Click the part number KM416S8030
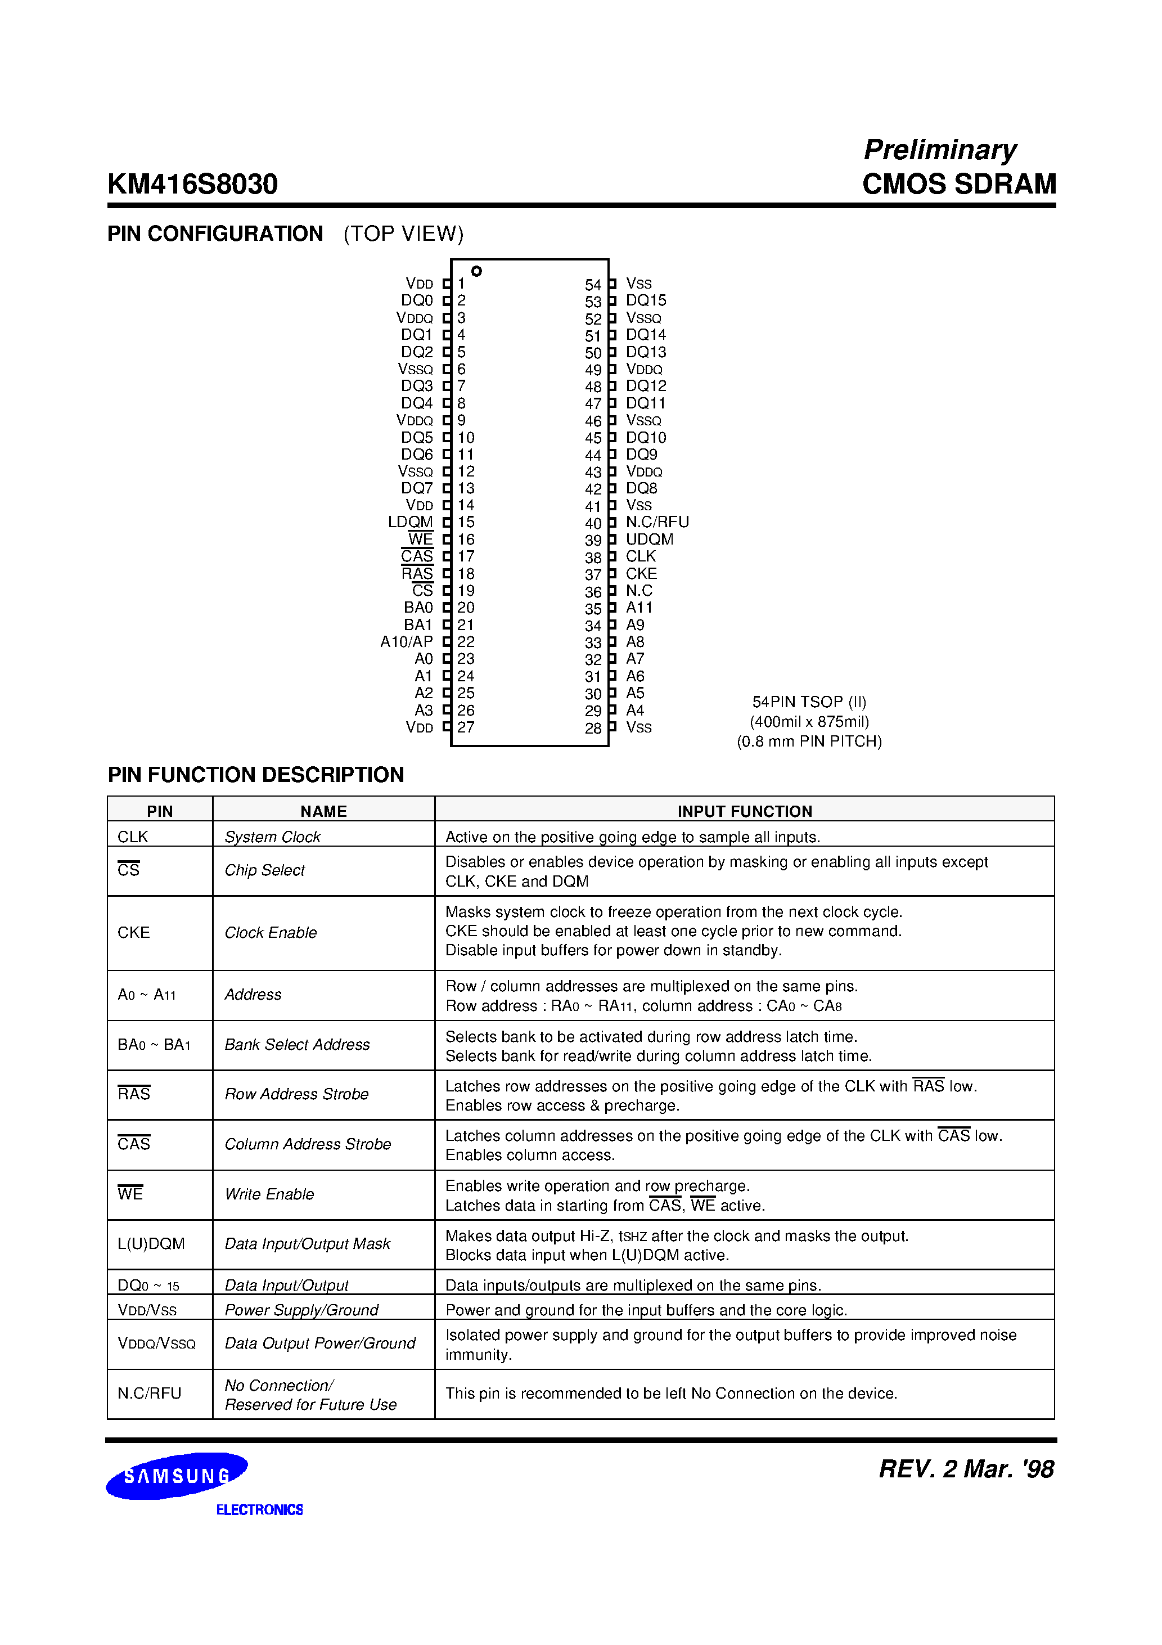click(x=192, y=184)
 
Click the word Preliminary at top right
click(x=939, y=149)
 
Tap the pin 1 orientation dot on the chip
click(x=476, y=271)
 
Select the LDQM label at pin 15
click(x=411, y=522)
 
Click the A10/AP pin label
click(x=406, y=642)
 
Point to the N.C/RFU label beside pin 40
click(x=657, y=522)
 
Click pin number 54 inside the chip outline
click(x=592, y=285)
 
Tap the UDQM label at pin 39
click(x=649, y=540)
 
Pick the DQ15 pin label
click(x=646, y=300)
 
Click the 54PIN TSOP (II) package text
click(x=809, y=702)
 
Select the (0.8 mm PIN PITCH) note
click(x=809, y=741)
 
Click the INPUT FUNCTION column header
click(x=744, y=811)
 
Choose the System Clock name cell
click(x=272, y=837)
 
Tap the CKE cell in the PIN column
click(x=134, y=932)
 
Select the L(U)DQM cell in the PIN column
click(x=151, y=1244)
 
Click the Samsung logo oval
click(x=176, y=1476)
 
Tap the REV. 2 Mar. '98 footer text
click(x=966, y=1469)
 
